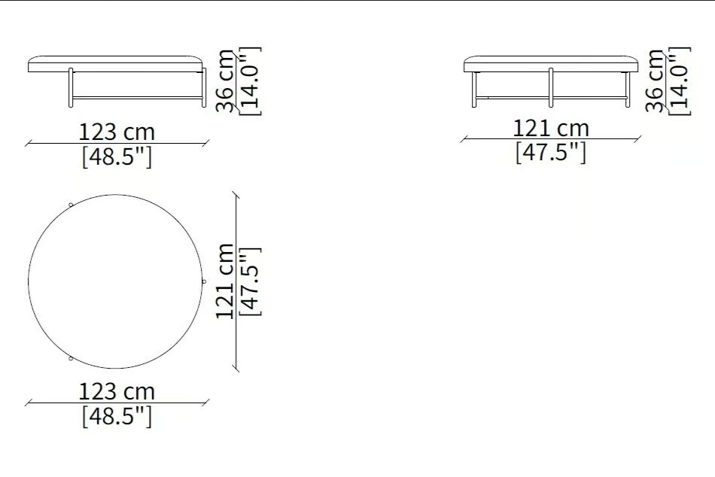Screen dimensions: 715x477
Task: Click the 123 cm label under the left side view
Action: pos(117,132)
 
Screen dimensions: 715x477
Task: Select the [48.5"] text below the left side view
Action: pos(117,157)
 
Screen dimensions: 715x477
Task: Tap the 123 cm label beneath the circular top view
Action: pos(117,392)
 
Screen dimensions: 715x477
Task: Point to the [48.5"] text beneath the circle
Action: pos(117,416)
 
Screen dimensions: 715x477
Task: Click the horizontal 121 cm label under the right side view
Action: pos(551,128)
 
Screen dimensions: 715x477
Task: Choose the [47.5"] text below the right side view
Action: pos(551,152)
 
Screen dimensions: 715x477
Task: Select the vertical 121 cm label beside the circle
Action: pos(225,281)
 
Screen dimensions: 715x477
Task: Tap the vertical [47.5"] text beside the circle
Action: pos(250,281)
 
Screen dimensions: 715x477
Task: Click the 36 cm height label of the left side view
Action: pos(225,81)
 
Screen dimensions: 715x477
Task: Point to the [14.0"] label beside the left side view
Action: pos(250,81)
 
